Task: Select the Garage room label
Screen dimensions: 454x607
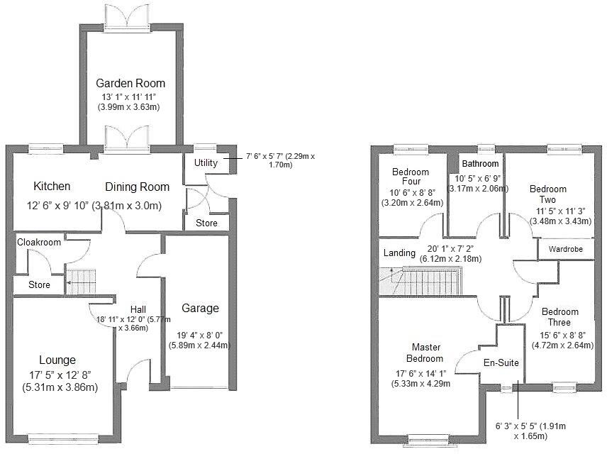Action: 200,308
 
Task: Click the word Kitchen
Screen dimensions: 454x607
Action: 52,187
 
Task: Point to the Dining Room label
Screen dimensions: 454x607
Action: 138,187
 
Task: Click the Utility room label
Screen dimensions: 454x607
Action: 202,163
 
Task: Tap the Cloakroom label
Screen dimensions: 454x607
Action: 39,242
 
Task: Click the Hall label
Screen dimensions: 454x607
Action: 138,309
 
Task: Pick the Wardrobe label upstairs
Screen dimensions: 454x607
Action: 566,250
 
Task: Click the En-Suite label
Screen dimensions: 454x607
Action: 501,362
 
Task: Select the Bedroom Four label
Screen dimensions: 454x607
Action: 411,177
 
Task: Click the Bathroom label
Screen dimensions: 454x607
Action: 479,164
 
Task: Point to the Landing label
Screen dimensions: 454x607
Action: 399,253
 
